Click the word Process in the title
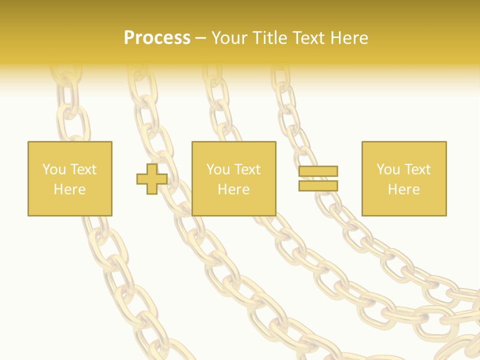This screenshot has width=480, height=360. (157, 38)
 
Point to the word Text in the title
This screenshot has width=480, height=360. (310, 38)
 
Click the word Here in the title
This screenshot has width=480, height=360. (350, 38)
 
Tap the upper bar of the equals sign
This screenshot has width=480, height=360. (318, 171)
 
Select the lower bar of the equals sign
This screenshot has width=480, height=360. (318, 185)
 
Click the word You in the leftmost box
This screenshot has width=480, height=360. (53, 169)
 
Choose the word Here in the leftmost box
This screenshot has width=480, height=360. (69, 189)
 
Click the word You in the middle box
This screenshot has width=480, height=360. (218, 169)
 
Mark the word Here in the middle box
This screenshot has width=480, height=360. (233, 189)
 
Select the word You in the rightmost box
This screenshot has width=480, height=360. (388, 169)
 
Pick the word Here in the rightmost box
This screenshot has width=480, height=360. (403, 189)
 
